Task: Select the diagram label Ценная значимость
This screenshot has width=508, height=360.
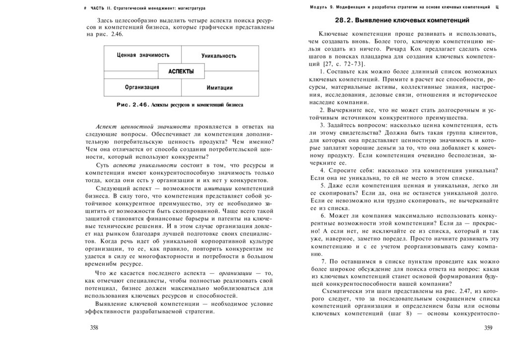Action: click(143, 55)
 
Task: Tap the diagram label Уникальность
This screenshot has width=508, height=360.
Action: click(218, 56)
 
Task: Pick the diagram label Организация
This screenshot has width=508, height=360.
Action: click(142, 87)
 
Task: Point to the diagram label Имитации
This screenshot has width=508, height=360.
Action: click(219, 88)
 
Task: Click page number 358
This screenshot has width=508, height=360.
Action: click(94, 327)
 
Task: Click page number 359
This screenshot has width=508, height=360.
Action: click(488, 327)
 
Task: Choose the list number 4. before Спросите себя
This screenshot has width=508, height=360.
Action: click(322, 170)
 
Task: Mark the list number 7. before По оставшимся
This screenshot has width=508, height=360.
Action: click(323, 261)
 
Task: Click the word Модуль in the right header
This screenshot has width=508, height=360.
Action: click(319, 7)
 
